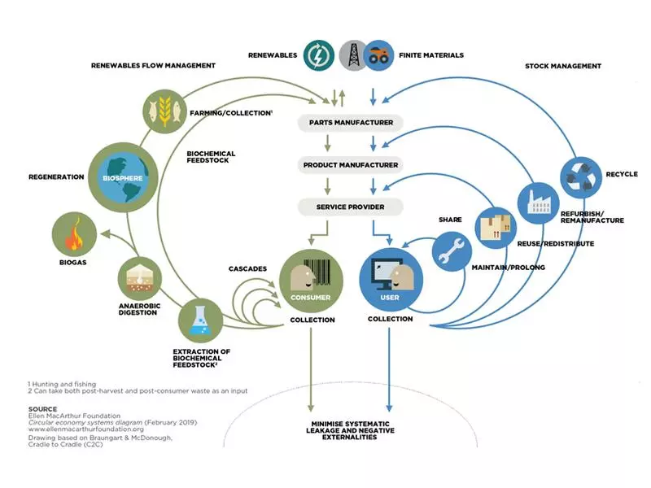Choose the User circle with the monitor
[391, 281]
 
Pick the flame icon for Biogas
[74, 236]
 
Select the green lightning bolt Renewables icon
[318, 54]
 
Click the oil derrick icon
[354, 54]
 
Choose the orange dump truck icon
[379, 54]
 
